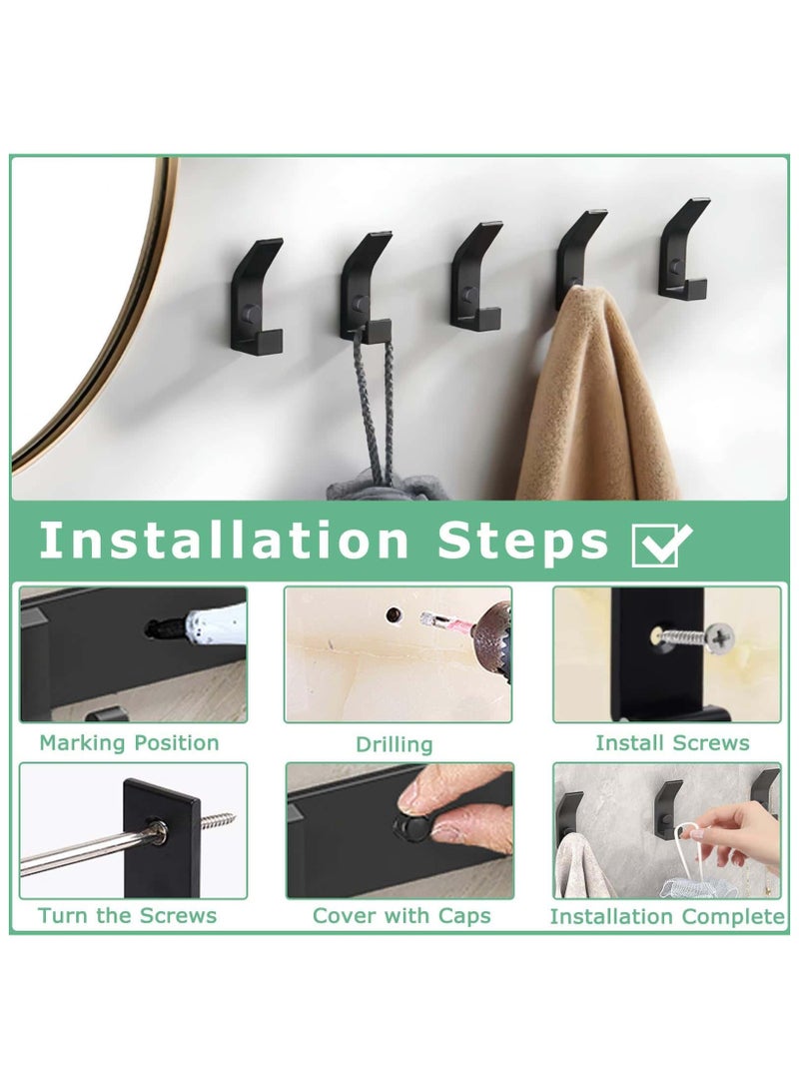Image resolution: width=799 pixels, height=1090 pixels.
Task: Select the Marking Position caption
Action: click(129, 742)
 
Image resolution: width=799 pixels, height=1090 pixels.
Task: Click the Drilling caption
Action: click(395, 744)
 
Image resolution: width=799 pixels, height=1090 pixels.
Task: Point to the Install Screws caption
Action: click(672, 742)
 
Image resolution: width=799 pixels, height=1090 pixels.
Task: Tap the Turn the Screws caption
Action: click(128, 915)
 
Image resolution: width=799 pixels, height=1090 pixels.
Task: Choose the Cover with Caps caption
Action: click(401, 915)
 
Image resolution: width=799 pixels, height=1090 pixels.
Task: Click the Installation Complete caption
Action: click(667, 916)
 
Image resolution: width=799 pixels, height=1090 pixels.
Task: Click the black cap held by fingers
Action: click(409, 828)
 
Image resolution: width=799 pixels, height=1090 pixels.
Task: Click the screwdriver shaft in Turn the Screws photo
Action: click(80, 848)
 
